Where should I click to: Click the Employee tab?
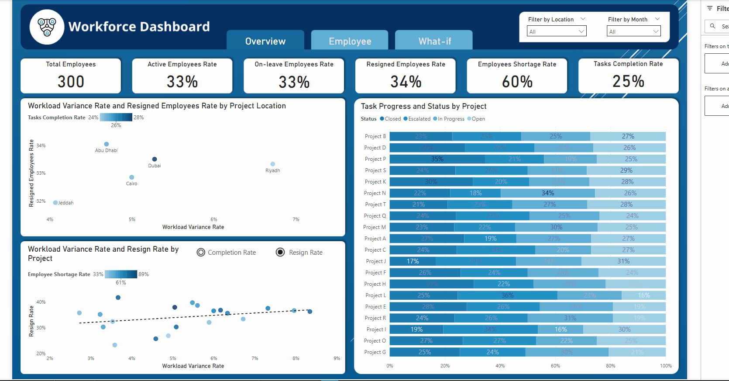coord(350,41)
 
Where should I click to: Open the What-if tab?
coord(434,41)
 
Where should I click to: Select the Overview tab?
coord(265,41)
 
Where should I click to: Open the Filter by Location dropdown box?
coord(557,31)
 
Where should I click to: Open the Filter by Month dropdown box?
coord(633,31)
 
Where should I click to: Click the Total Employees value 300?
coord(71,82)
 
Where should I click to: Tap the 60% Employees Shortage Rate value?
coord(517,82)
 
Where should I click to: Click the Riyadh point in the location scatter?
coord(272,164)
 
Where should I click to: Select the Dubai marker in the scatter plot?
coord(155,159)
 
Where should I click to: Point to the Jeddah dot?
coord(55,203)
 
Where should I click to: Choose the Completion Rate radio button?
coord(201,253)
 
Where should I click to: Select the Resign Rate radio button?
coord(280,253)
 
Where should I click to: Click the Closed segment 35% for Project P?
coord(437,159)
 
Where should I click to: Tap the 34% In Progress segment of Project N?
coord(548,193)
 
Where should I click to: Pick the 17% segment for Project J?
coord(413,261)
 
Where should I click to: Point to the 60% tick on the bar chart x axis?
coord(555,366)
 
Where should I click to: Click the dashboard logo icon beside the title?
coord(47,27)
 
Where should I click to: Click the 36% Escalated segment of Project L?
coord(507,295)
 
